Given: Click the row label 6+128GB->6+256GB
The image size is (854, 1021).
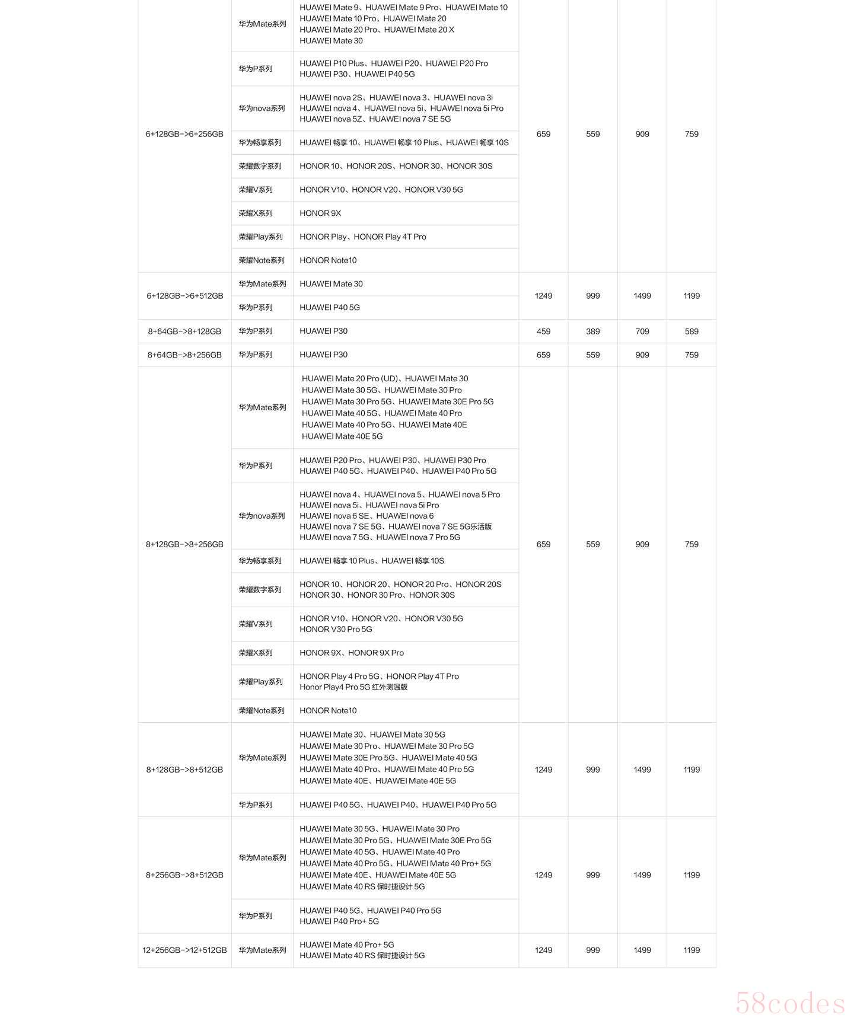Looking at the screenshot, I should pos(184,134).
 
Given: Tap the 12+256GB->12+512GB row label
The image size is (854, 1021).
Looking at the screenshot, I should pos(184,950).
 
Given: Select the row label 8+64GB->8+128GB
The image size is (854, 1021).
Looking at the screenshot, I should pos(184,331).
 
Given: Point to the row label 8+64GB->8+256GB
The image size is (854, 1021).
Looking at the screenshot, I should pos(184,355).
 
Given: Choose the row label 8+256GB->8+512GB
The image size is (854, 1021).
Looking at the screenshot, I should pos(184,875).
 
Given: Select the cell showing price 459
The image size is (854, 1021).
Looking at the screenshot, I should pos(543,331).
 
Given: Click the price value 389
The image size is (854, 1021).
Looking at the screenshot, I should pos(592,331).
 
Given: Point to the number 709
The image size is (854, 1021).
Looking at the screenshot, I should pos(642,331).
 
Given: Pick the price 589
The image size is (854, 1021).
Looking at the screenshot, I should pos(692,331).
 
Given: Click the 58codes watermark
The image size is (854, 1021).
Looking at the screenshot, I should pos(790,1003).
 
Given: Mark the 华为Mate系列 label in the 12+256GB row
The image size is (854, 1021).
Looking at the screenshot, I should pos(262,950).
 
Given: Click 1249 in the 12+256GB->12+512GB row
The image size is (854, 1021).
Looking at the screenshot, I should pos(543,950).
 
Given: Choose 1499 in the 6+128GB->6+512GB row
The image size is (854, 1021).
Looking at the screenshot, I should pos(642,296).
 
